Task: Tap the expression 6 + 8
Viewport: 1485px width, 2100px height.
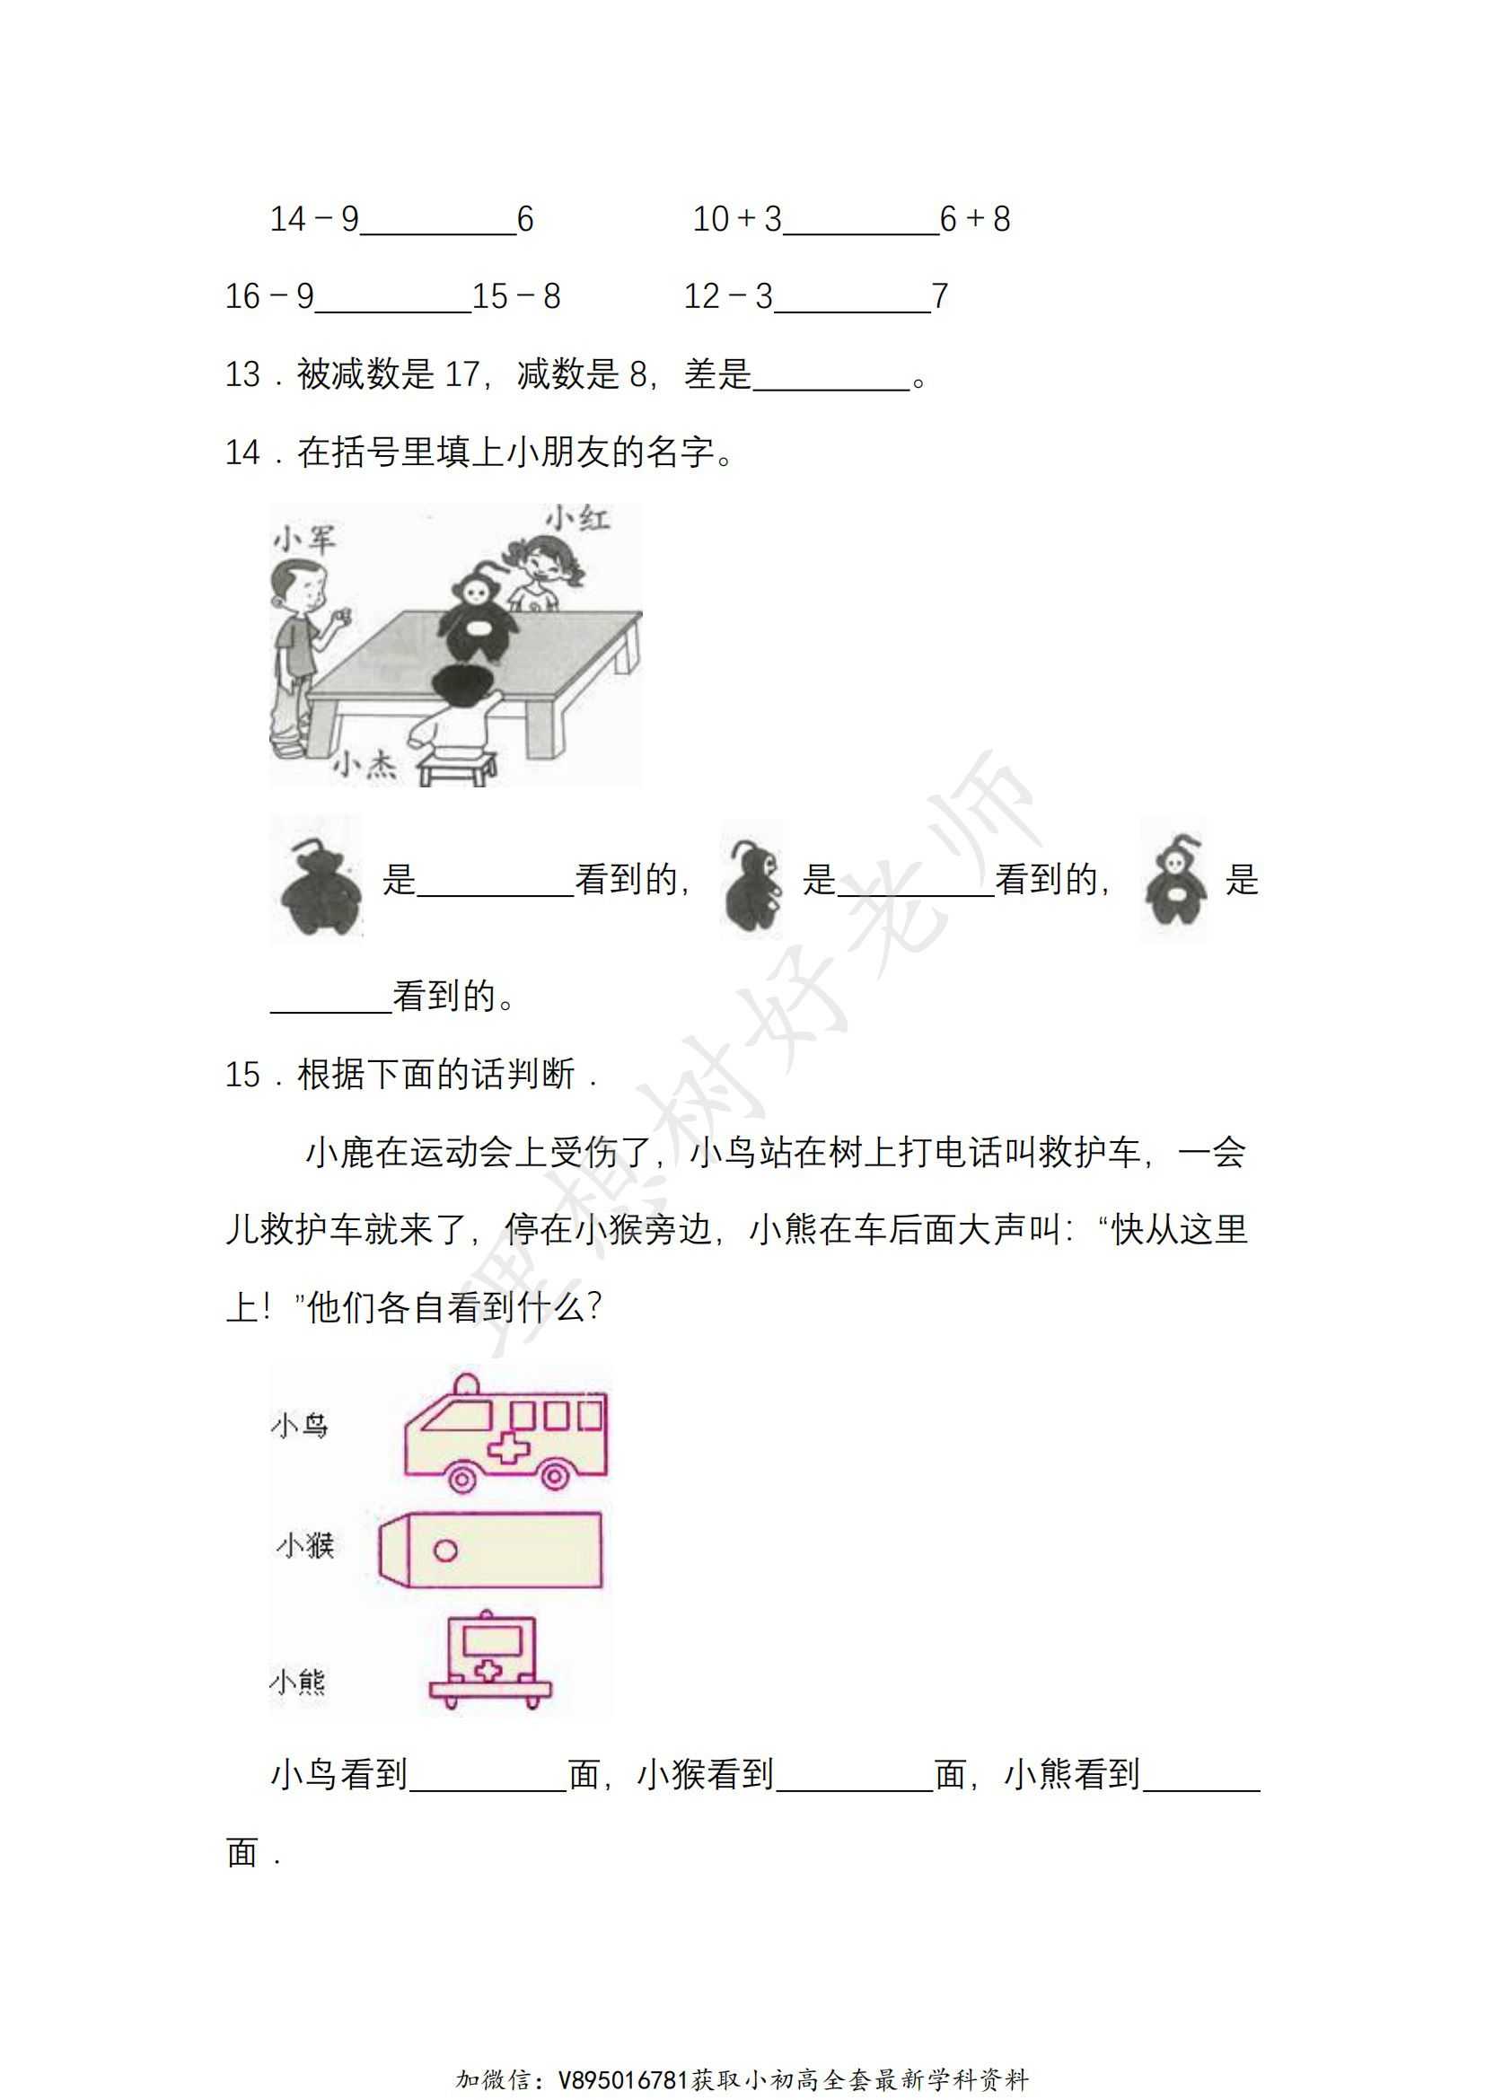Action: point(975,219)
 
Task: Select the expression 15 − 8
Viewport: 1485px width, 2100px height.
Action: point(515,296)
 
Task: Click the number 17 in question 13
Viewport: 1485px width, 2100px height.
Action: point(461,374)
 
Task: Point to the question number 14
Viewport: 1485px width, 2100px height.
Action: point(242,453)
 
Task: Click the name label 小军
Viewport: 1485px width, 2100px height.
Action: point(304,539)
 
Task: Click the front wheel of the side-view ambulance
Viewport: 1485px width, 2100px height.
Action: point(462,1478)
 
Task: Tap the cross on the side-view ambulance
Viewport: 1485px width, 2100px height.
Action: point(507,1448)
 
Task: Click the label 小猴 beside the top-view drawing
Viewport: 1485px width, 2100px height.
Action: point(306,1546)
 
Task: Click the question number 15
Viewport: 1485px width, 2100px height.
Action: point(242,1075)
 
